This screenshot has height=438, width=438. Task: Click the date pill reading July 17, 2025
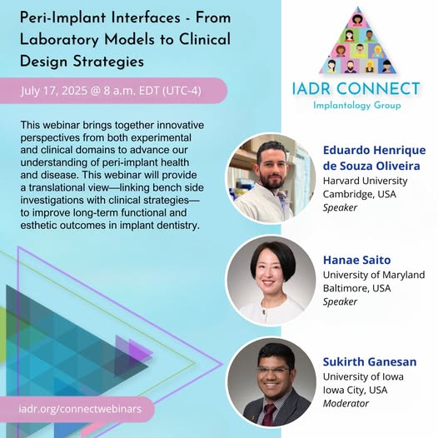tap(113, 91)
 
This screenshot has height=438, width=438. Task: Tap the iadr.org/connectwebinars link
tap(81, 409)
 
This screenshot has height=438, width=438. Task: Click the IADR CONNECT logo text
tap(356, 89)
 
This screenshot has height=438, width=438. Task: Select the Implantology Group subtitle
tap(357, 105)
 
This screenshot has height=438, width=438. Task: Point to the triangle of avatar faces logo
tap(358, 41)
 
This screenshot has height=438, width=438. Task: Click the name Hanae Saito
tap(356, 260)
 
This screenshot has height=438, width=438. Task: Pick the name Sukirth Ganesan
tap(370, 361)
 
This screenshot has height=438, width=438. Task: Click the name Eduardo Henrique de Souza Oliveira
tap(375, 158)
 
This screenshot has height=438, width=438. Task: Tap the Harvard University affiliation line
tap(365, 181)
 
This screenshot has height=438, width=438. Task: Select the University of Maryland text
tap(374, 275)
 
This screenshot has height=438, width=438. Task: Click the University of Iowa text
tap(363, 376)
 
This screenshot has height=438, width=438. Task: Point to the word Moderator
tap(346, 403)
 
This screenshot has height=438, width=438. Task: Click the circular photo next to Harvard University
tap(271, 178)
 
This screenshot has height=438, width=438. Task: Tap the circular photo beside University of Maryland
tap(271, 280)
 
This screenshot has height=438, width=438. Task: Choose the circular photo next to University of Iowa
tap(271, 382)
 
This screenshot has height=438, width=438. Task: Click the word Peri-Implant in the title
tap(62, 18)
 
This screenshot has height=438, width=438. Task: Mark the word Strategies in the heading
tap(108, 62)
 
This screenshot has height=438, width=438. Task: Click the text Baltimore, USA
tap(356, 288)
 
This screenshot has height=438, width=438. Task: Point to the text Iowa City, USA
tap(355, 390)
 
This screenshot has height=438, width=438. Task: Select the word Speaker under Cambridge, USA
tap(340, 207)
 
